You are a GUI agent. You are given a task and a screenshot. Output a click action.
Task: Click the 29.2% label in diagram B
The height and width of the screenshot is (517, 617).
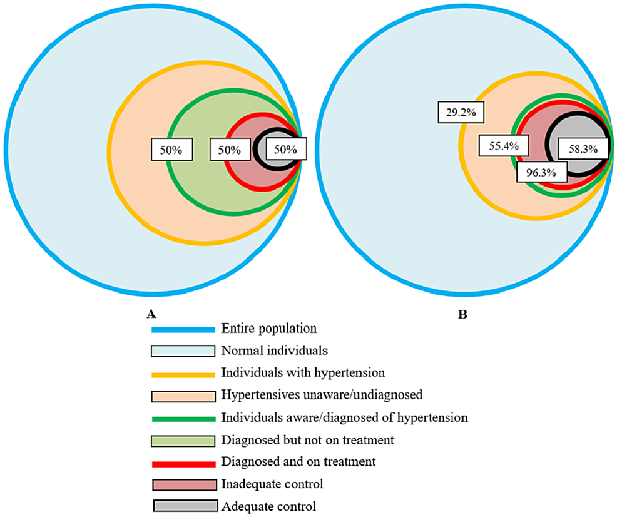point(457,113)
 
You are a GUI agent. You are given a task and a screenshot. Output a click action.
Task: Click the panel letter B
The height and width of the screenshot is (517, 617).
point(462,314)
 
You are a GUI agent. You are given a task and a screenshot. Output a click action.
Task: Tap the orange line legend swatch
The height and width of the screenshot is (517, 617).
point(183,374)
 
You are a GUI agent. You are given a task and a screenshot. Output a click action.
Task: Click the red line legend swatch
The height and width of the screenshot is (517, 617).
point(183,463)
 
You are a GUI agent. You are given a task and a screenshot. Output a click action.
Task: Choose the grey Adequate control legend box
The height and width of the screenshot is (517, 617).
point(183,506)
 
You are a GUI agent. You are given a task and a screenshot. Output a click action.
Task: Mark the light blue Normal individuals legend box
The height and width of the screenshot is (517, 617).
point(183,351)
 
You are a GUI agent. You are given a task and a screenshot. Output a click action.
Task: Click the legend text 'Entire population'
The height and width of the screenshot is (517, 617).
point(268,329)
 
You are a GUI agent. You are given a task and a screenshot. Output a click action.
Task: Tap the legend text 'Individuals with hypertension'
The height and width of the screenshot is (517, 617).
point(303,373)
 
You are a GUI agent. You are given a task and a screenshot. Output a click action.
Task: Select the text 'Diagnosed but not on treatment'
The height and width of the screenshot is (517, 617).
point(307,441)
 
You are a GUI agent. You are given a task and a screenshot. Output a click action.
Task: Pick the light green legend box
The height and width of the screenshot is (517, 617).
point(183,441)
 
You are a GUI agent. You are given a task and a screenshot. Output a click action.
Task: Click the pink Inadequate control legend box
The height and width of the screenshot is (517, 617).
point(183,485)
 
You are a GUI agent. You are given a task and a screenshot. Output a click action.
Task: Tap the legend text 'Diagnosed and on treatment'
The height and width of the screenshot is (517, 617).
point(298,463)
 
